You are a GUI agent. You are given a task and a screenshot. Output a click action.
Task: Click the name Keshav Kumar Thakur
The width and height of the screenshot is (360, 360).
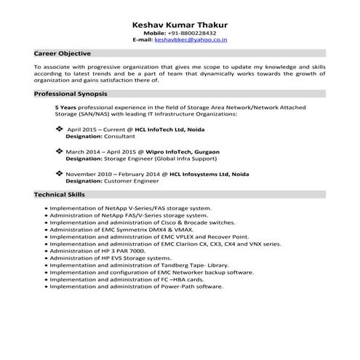click(180, 24)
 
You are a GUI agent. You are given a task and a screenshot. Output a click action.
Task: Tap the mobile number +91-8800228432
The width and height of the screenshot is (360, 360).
click(191, 33)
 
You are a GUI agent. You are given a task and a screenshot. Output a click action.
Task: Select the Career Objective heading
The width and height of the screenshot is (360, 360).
click(63, 54)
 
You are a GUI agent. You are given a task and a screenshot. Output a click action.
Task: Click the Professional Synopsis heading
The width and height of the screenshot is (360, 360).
click(71, 95)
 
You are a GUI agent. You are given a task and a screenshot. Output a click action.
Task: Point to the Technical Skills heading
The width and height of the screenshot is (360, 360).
click(60, 195)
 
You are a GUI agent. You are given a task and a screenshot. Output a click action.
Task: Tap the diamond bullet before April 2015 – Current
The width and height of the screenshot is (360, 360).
click(59, 129)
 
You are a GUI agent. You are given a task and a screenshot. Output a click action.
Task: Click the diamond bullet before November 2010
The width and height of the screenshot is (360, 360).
click(59, 174)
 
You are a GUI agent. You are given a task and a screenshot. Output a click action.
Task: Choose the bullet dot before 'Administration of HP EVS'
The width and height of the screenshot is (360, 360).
click(47, 257)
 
